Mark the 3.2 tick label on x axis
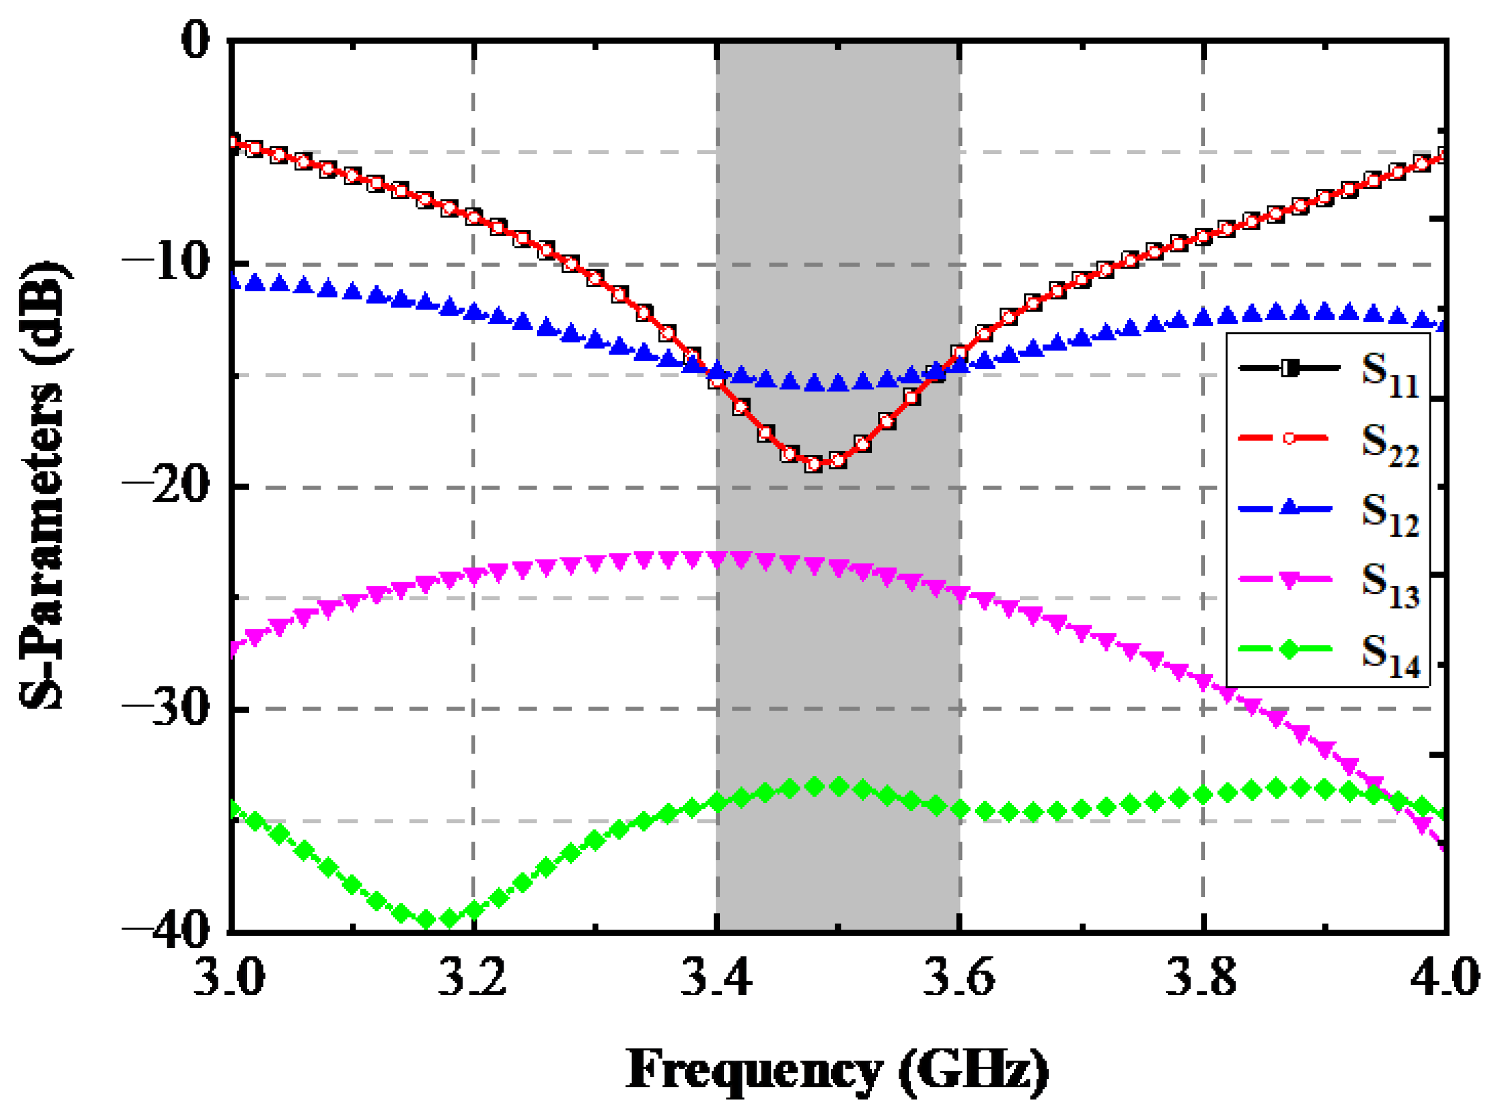tap(472, 977)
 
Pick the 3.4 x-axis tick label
tap(716, 977)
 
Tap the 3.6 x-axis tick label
tap(959, 977)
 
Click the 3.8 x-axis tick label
tap(1202, 977)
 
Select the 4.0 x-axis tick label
tap(1444, 977)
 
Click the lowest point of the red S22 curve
tap(813, 464)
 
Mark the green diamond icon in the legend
tap(1289, 649)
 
